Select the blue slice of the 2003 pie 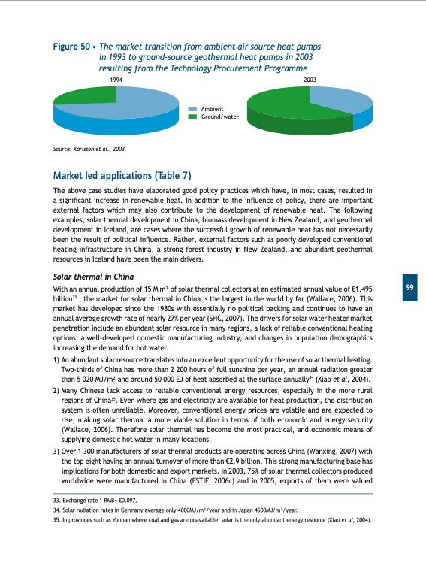[342, 97]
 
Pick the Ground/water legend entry [218, 117]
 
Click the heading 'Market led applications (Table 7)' [122, 176]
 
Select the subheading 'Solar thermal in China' [93, 277]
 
